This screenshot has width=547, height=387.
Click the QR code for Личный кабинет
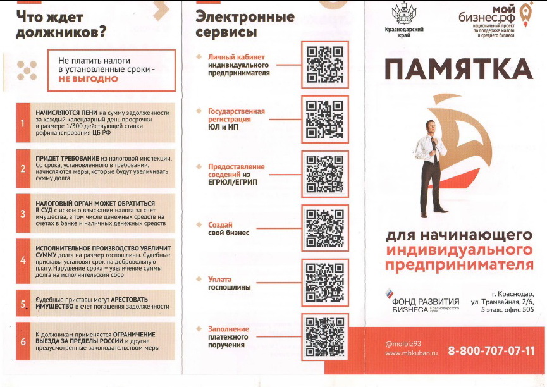[325, 65]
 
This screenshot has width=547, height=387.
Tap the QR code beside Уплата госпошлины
[325, 282]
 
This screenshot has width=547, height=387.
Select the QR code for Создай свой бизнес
[325, 228]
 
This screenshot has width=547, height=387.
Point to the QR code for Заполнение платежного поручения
[325, 337]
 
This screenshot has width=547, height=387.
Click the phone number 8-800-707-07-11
[491, 350]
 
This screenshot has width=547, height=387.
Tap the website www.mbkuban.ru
[411, 353]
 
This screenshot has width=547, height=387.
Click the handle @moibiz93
[403, 344]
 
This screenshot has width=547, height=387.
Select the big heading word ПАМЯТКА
[458, 69]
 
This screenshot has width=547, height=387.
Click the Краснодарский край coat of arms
[404, 14]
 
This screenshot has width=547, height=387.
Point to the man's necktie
[434, 149]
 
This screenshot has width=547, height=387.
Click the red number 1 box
[23, 123]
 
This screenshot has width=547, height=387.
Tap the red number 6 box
[23, 341]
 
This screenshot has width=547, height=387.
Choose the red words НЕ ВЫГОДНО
[89, 79]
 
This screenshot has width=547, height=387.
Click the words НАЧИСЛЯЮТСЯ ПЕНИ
[66, 113]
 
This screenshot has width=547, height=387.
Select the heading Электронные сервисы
[245, 24]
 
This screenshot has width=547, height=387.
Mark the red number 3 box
[23, 213]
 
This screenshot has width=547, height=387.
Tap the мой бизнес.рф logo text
[486, 14]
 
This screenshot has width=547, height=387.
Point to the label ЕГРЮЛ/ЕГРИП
[233, 182]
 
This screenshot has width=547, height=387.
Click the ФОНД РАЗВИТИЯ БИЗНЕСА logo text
[426, 305]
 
